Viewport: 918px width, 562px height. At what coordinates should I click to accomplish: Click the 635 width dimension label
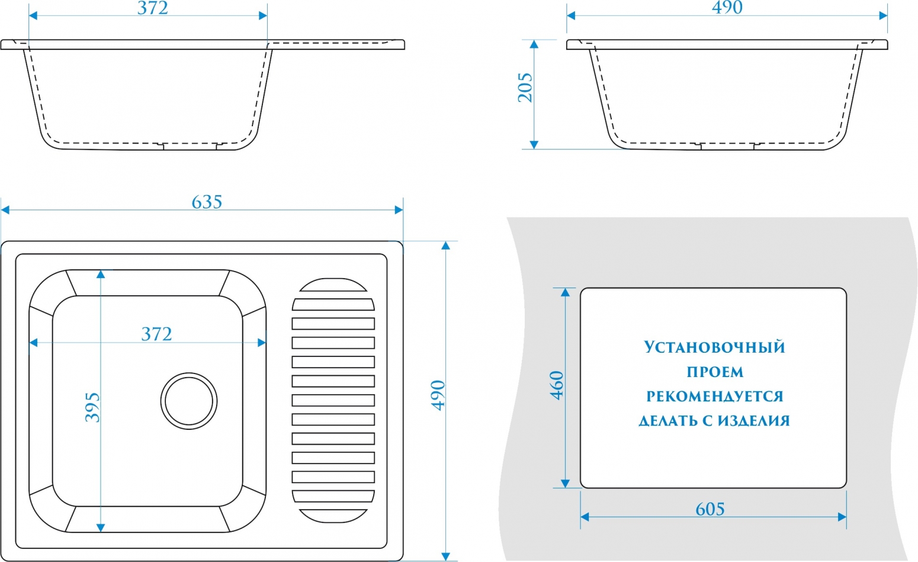(x=207, y=202)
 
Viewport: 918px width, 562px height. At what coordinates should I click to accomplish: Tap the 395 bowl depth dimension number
(x=92, y=407)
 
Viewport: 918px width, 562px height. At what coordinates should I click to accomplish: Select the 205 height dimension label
(x=525, y=87)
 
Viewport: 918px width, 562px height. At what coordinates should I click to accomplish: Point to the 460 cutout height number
(x=557, y=385)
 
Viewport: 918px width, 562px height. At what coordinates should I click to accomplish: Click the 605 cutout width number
(x=710, y=509)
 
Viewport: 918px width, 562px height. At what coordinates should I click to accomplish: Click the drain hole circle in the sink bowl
(x=189, y=401)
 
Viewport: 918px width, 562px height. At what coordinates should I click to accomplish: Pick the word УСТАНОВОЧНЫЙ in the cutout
(x=714, y=347)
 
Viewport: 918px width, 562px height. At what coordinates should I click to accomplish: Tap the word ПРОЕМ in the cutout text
(x=715, y=372)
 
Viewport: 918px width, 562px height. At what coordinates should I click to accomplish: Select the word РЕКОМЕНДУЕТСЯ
(x=715, y=396)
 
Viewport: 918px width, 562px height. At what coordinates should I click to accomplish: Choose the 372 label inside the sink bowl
(x=156, y=334)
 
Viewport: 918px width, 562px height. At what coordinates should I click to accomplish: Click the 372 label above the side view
(x=152, y=8)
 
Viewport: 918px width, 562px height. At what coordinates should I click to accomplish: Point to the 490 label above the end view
(x=727, y=7)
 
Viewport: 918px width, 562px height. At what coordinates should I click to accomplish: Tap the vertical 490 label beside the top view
(x=438, y=395)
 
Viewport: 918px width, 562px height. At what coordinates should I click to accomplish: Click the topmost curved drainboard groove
(x=333, y=285)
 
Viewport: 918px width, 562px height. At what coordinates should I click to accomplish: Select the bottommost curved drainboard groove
(x=333, y=516)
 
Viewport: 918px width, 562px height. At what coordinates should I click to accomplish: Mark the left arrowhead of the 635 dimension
(x=5, y=210)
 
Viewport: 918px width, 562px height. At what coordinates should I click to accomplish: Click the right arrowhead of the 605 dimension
(x=842, y=517)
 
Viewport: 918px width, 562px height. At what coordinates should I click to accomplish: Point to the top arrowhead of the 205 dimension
(x=534, y=44)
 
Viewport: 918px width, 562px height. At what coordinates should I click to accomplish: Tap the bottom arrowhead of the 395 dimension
(x=101, y=528)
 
